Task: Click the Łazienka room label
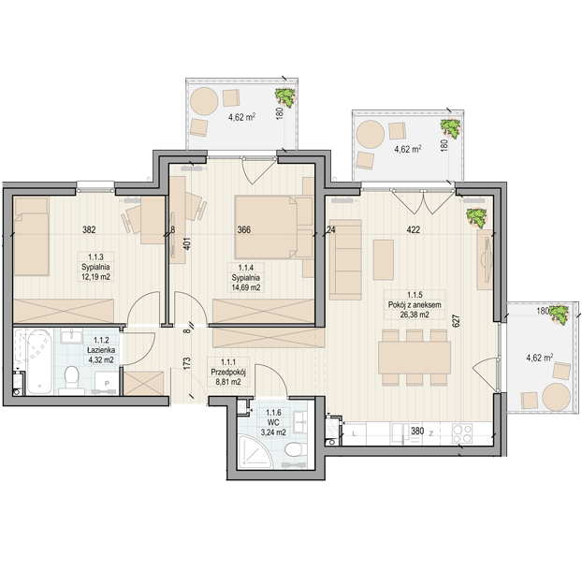click(101, 350)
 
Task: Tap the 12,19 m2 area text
click(95, 277)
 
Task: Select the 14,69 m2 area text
click(246, 287)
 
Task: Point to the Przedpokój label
click(228, 373)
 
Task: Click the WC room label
click(273, 423)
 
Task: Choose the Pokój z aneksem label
click(415, 304)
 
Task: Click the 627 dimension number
click(456, 321)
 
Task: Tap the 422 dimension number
click(414, 229)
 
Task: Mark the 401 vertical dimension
click(187, 243)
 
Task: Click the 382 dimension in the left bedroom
click(89, 229)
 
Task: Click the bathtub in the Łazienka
click(39, 361)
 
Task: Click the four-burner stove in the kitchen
click(462, 433)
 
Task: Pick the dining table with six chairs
click(415, 358)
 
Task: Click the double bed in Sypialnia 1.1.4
click(274, 227)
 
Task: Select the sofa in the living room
click(345, 259)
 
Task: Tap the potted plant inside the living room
click(476, 218)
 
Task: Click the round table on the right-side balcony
click(557, 397)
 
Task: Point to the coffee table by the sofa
click(384, 259)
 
